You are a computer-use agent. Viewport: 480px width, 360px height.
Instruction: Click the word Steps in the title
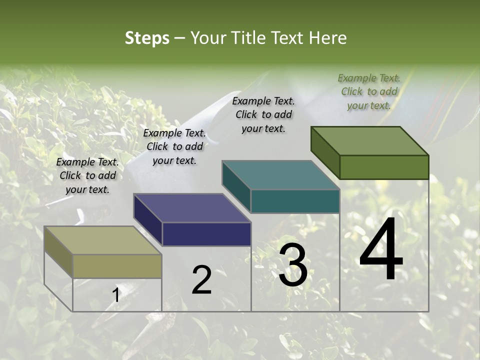[146, 38]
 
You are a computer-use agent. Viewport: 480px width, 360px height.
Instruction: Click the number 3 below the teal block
[292, 265]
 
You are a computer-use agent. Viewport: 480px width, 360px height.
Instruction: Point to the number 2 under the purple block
[201, 280]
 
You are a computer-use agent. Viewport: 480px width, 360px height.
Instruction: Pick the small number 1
[116, 295]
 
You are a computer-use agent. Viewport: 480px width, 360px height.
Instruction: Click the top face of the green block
[369, 140]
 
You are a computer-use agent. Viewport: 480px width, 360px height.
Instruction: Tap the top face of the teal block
[280, 175]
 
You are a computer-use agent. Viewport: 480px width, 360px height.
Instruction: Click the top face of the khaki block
[103, 240]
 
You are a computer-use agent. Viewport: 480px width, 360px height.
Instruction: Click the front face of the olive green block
[384, 167]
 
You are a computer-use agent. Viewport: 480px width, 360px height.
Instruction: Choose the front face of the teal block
[295, 201]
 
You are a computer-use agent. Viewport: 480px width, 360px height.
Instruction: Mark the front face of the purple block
[206, 234]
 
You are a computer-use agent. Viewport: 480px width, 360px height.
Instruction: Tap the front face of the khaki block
[117, 266]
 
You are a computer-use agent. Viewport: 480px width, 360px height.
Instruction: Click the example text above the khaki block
[87, 175]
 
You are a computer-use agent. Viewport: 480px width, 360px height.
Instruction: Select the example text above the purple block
[174, 146]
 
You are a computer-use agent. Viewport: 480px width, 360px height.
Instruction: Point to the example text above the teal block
[263, 114]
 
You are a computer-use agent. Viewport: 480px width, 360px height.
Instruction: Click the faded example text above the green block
[369, 91]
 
